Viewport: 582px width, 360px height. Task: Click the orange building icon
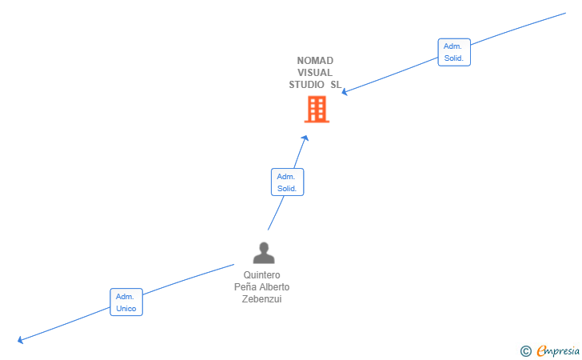[317, 110]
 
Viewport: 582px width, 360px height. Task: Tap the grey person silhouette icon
[263, 254]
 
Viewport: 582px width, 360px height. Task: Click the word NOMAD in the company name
[315, 61]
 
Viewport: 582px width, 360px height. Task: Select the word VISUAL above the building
[315, 73]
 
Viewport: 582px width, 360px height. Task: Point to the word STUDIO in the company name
[307, 85]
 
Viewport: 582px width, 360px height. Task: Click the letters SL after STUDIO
[336, 85]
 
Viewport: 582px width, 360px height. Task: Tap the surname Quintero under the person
[261, 275]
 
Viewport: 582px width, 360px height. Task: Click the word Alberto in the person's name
[275, 287]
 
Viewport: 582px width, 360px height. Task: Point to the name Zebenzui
[261, 299]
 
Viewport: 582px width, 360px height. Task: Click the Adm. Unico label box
[126, 302]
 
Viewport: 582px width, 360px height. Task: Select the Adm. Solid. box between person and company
[287, 182]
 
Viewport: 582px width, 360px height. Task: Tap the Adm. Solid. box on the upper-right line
[454, 52]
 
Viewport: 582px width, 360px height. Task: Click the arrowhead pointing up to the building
[305, 138]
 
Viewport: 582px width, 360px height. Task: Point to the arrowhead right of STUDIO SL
[345, 91]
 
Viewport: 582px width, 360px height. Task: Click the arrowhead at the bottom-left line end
[21, 340]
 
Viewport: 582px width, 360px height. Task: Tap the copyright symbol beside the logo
[525, 350]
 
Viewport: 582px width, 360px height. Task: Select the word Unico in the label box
[126, 309]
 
